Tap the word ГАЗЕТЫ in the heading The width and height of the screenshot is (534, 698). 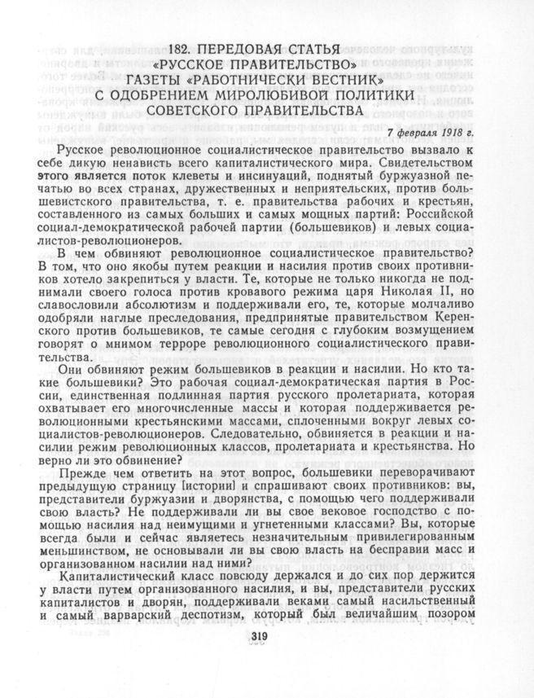[164, 81]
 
